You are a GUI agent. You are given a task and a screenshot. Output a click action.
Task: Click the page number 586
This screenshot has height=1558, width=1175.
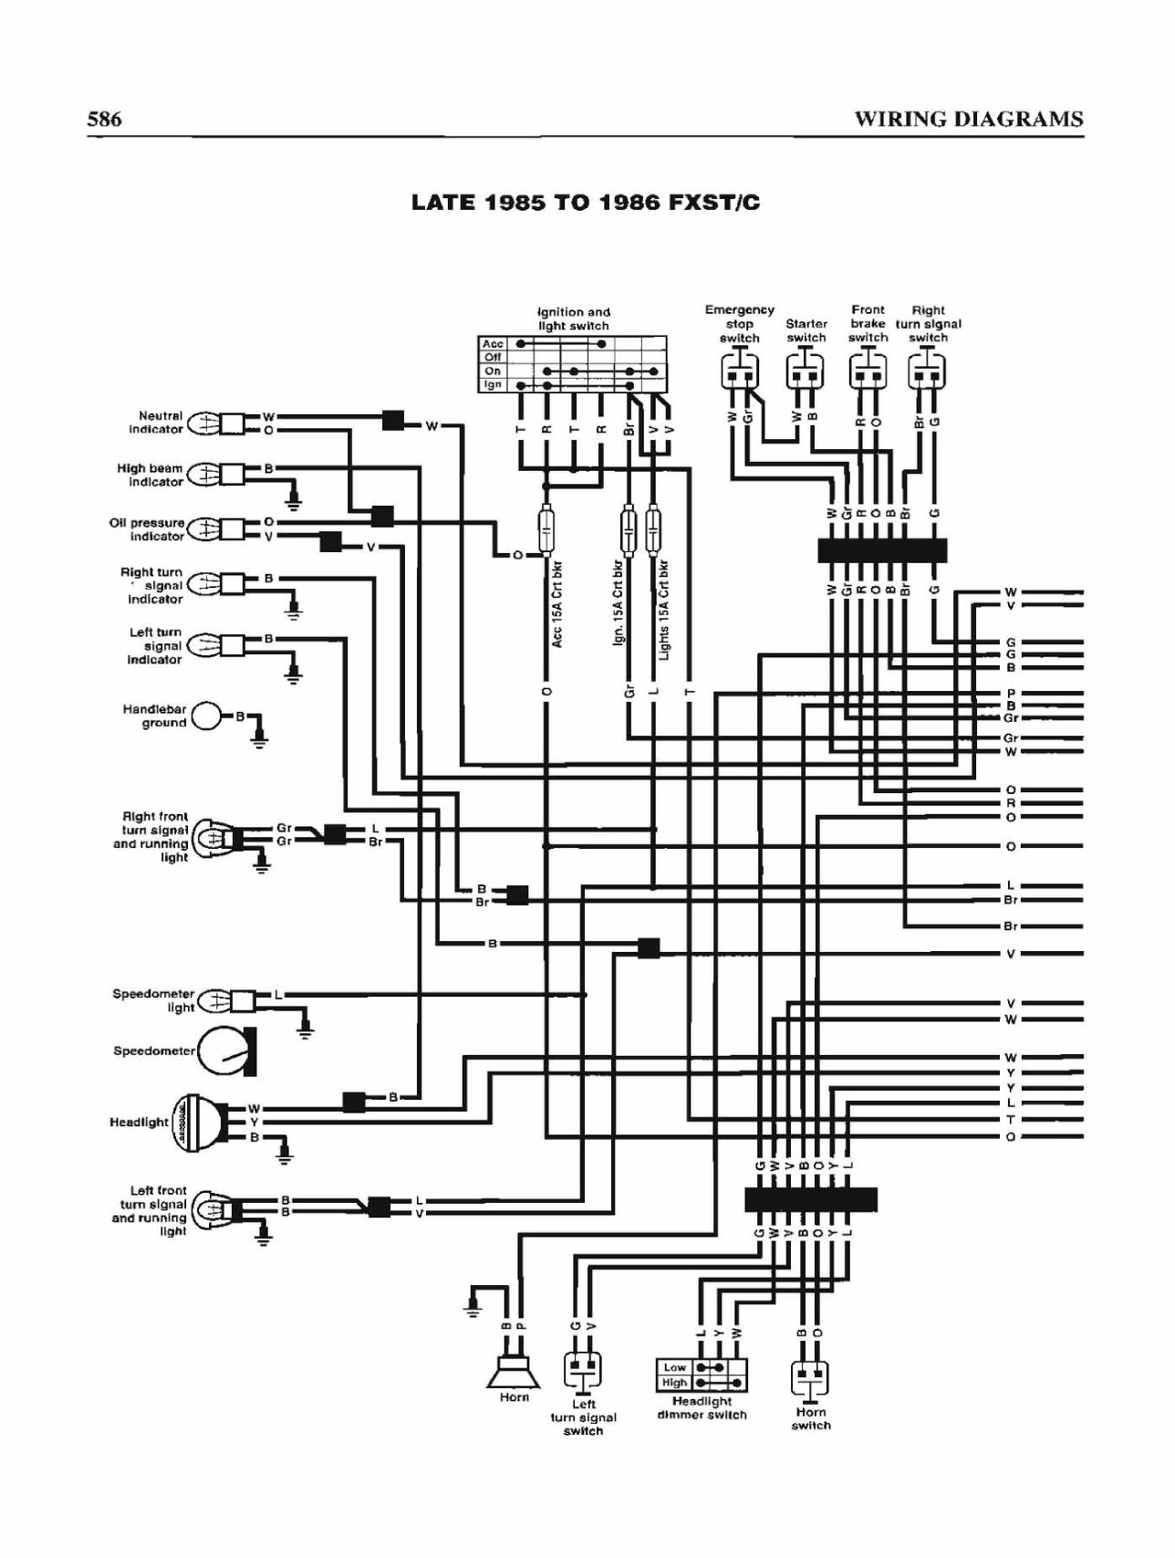tap(104, 119)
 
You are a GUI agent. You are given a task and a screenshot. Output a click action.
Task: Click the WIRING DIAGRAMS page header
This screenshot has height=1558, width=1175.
tap(969, 119)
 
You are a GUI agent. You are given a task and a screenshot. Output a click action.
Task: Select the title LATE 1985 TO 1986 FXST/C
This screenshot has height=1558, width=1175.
tap(586, 203)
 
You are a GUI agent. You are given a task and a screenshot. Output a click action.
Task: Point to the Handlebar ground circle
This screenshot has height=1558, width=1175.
tap(206, 716)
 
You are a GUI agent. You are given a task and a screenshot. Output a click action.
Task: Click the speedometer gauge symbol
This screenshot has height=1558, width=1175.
tap(226, 1051)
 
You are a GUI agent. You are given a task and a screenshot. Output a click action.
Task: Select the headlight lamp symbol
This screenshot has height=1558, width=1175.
tap(201, 1123)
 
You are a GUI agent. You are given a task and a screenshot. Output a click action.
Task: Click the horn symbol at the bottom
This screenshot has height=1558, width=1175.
tap(514, 1369)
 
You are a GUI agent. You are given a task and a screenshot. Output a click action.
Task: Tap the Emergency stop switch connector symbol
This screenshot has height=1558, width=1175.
tap(740, 371)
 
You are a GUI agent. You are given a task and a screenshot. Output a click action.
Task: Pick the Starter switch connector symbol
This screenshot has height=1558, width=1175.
tap(806, 371)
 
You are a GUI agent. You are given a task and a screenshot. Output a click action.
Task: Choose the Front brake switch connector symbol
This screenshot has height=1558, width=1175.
tap(868, 371)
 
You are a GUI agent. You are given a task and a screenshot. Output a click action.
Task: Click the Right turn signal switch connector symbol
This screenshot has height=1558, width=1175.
tap(927, 371)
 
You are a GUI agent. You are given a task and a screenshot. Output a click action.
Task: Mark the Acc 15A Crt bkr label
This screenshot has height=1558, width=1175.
tap(556, 605)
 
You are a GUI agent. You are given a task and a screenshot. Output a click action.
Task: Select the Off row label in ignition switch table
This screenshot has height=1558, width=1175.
tap(493, 358)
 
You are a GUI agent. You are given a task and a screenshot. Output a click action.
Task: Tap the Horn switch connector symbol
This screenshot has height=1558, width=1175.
tap(810, 1378)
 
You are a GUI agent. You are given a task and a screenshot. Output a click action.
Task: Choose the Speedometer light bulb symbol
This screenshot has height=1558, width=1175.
tap(214, 1000)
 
